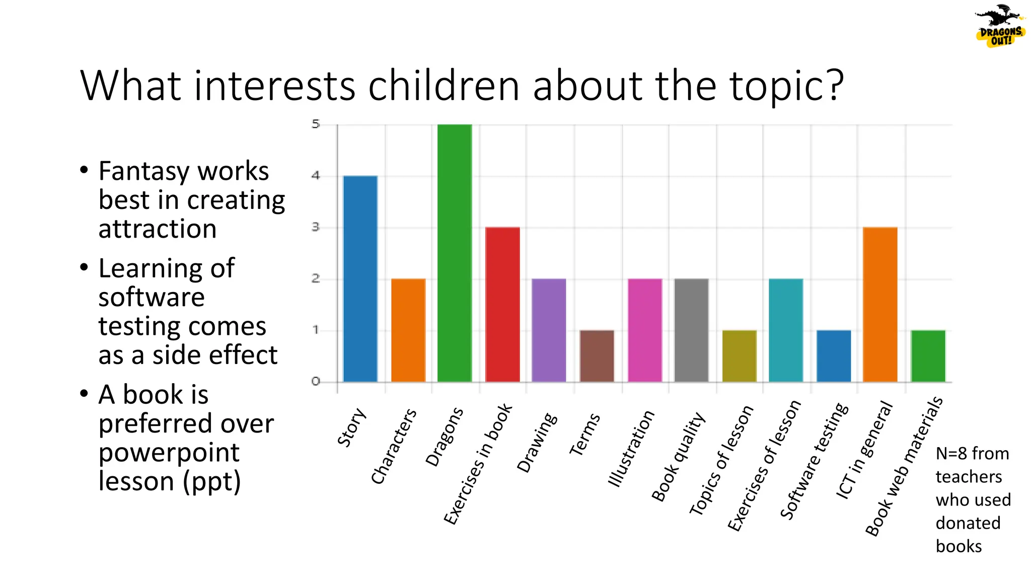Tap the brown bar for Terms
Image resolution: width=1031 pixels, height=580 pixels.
tap(597, 356)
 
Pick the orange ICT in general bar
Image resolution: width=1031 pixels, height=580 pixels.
tap(879, 304)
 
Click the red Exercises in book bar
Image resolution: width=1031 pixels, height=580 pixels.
tap(502, 304)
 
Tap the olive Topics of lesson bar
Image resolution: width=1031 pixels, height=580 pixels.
tap(739, 356)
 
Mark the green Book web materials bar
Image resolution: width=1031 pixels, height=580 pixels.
tap(928, 356)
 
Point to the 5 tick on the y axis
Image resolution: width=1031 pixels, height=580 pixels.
tap(316, 124)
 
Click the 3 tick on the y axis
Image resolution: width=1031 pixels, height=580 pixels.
tap(316, 227)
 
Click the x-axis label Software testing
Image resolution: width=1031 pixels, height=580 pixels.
tap(814, 461)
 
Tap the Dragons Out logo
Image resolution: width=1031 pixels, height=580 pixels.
tap(999, 26)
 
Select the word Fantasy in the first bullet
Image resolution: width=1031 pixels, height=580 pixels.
tap(142, 171)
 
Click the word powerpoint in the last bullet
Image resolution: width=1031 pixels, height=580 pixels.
tap(169, 452)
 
